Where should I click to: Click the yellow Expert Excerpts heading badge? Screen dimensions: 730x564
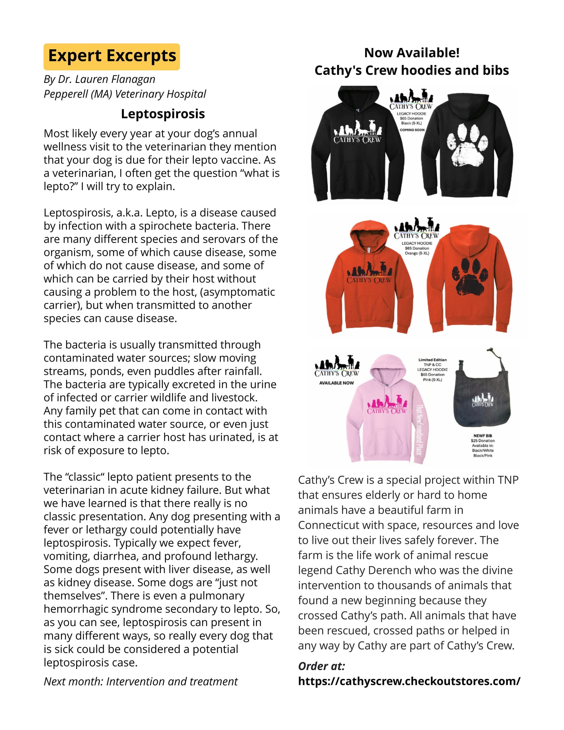(x=112, y=56)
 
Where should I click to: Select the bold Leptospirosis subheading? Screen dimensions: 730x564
(x=163, y=114)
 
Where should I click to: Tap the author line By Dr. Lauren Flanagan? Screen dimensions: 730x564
(x=100, y=79)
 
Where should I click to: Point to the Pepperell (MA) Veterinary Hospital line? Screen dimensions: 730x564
(x=125, y=94)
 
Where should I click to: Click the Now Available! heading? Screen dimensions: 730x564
(x=412, y=53)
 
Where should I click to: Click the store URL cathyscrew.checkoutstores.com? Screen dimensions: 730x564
(x=409, y=681)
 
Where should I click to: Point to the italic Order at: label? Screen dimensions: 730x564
(x=321, y=666)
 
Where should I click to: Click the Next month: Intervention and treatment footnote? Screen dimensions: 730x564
(x=141, y=681)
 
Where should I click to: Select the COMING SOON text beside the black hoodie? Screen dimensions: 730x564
(x=412, y=130)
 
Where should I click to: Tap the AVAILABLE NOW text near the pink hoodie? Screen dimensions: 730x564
(x=336, y=383)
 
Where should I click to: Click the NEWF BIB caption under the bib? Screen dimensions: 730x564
(x=483, y=436)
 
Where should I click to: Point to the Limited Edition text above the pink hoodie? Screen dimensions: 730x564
(x=432, y=360)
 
